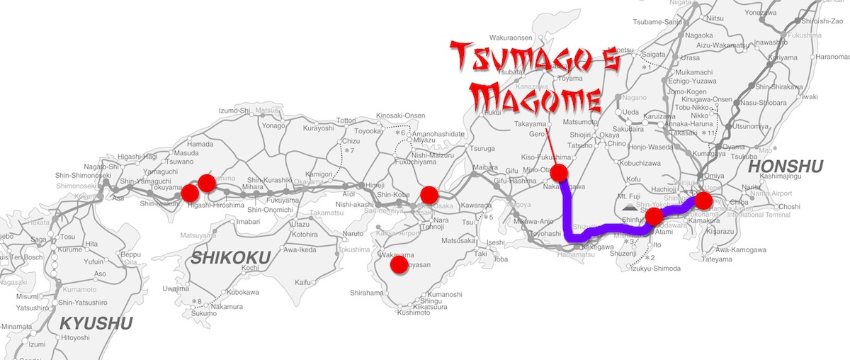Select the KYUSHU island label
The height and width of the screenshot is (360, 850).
[x=96, y=324]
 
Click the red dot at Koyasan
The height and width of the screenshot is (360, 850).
[x=399, y=265]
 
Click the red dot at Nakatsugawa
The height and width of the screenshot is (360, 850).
[x=560, y=173]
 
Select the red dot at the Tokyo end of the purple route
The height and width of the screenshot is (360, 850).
[x=703, y=201]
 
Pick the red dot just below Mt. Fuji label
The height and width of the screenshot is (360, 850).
[x=655, y=215]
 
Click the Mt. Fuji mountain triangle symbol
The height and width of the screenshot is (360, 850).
[x=629, y=208]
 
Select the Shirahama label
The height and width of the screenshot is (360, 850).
[x=366, y=293]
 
